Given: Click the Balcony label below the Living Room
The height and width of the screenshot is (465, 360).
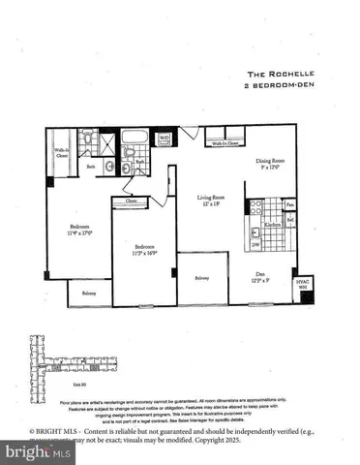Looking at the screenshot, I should click(x=200, y=278).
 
